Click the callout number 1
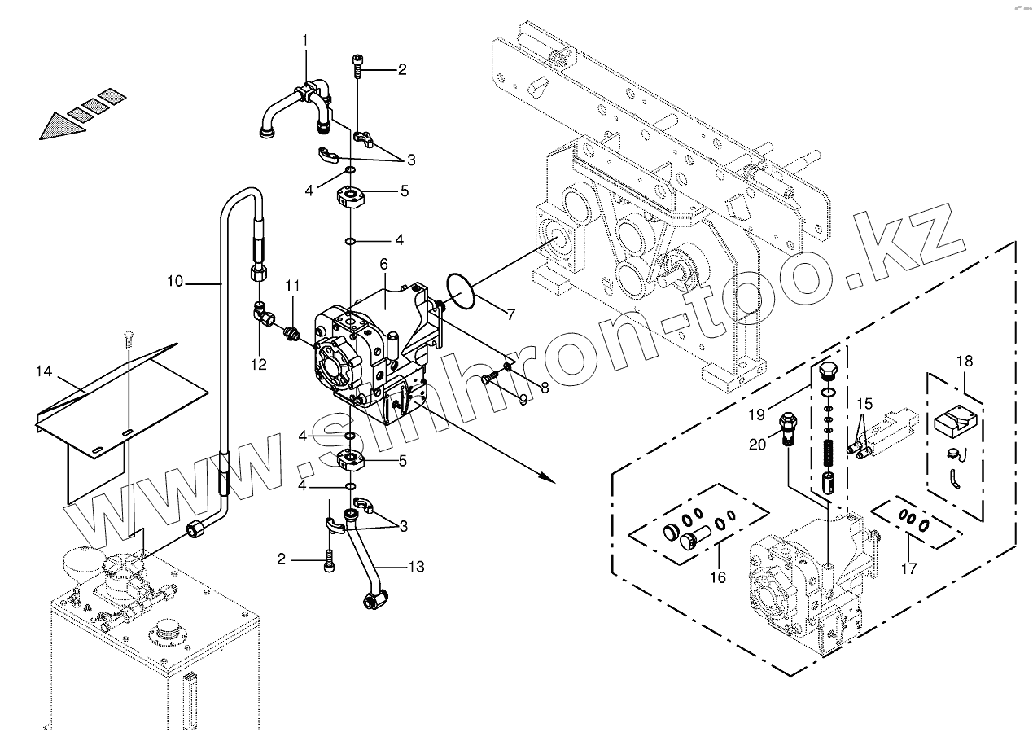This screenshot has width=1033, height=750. coord(305,40)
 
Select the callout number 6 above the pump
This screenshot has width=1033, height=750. coord(384,265)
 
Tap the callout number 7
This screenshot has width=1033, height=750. coord(511,314)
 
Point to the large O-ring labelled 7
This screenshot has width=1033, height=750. coord(461,292)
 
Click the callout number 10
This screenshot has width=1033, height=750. coord(175,282)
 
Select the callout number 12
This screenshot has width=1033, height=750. coord(258,365)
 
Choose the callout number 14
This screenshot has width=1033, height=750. coord(44,371)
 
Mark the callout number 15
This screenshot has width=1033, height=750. coord(864,403)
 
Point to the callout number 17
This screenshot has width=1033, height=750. coord(908,568)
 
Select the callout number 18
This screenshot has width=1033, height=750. coord(965,361)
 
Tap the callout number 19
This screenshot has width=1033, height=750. coord(756,414)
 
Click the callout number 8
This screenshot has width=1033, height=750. coord(545,388)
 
